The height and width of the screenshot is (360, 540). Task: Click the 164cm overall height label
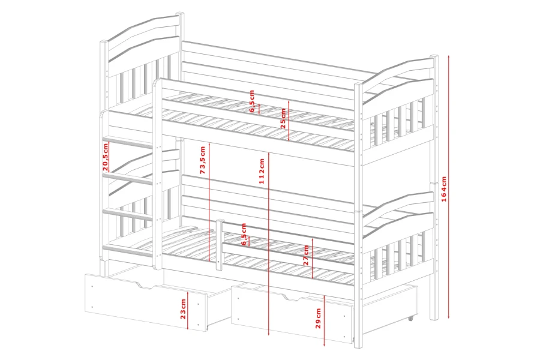click(x=443, y=189)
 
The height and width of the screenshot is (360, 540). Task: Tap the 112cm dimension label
click(x=262, y=171)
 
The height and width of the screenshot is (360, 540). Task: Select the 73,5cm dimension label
click(x=203, y=160)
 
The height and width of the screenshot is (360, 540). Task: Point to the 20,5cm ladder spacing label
click(x=106, y=157)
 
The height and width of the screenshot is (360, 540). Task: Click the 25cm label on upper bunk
click(x=283, y=119)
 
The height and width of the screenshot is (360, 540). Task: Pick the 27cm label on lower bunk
click(x=306, y=255)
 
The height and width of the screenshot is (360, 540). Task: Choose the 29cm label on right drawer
click(x=318, y=318)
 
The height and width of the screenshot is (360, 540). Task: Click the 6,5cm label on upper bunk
click(x=252, y=101)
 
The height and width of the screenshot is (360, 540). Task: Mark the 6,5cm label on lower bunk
click(x=244, y=234)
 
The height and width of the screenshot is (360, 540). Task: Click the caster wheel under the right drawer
click(x=410, y=319)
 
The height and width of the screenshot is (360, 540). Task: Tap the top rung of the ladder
click(x=128, y=142)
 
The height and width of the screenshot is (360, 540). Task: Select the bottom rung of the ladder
click(x=128, y=250)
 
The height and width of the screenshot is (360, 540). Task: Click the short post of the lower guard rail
click(x=220, y=245)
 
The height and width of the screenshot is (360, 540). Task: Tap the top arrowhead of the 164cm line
click(x=449, y=56)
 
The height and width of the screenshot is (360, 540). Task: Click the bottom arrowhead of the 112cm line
click(x=268, y=333)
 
